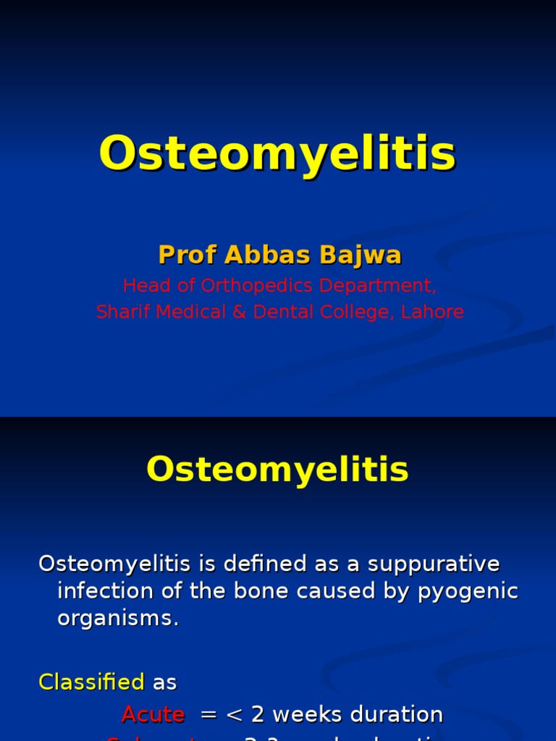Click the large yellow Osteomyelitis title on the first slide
[277, 153]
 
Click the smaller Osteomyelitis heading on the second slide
[277, 470]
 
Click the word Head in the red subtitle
[143, 286]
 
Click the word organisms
[117, 619]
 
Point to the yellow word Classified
[91, 682]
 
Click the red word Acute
[153, 714]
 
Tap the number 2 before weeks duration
[257, 714]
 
